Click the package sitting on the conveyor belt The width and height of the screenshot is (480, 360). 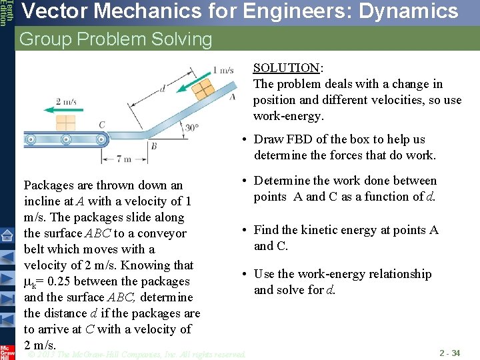[x=66, y=123]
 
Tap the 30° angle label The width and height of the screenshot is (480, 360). [x=192, y=127]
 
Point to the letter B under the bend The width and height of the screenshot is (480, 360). [x=153, y=146]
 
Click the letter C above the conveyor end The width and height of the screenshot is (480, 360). [x=101, y=125]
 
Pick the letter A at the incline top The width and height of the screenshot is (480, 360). [x=232, y=97]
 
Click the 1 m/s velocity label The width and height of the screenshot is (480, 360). [x=223, y=70]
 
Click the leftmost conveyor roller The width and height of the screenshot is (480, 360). [x=30, y=140]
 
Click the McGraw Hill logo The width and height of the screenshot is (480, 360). [x=7, y=352]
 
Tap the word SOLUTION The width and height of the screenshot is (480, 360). [x=286, y=68]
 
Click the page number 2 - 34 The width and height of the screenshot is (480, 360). [x=449, y=353]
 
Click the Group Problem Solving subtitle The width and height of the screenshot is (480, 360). [x=115, y=39]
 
